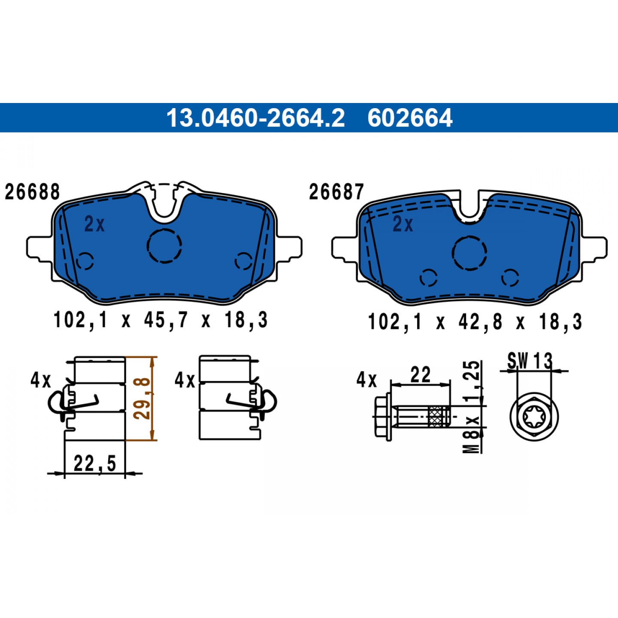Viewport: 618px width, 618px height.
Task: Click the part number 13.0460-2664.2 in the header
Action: point(255,118)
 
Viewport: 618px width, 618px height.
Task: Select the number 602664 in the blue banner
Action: point(410,118)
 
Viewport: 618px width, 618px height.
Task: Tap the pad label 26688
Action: point(32,192)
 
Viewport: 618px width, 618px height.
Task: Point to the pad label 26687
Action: point(336,192)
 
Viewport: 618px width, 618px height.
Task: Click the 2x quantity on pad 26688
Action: point(94,224)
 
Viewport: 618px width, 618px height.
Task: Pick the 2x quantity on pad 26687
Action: point(403,224)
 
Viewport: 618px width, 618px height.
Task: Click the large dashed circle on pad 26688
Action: point(164,246)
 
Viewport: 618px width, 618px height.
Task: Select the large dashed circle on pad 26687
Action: point(469,253)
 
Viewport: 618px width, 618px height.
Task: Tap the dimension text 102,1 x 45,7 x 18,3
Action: point(161,320)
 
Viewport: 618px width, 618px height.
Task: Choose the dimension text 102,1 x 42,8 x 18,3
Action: point(475,322)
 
